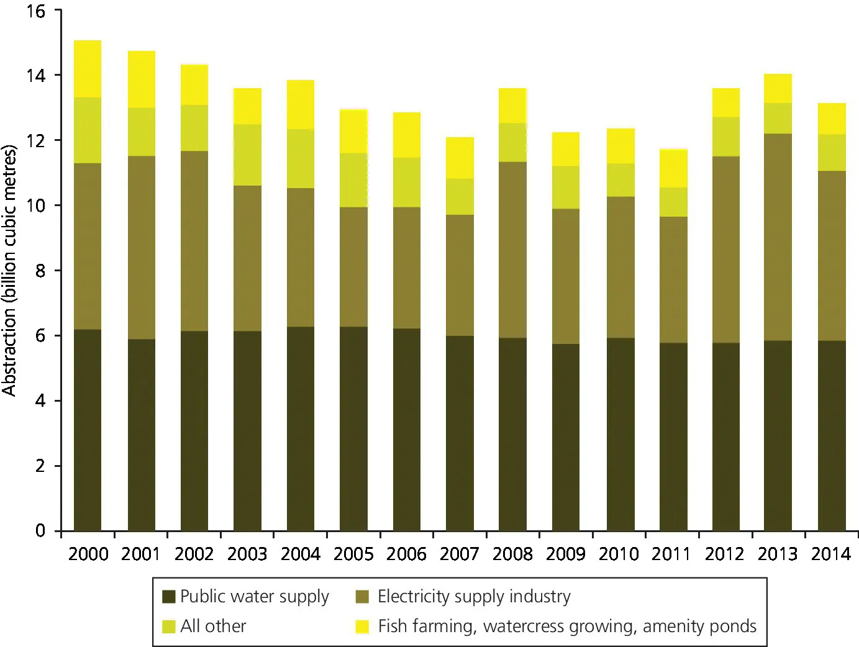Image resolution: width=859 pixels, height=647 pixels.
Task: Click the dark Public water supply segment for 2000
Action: pyautogui.click(x=88, y=430)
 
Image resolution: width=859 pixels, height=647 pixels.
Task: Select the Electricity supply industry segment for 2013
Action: pyautogui.click(x=778, y=237)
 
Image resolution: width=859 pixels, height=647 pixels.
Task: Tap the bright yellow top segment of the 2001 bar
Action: pyautogui.click(x=141, y=79)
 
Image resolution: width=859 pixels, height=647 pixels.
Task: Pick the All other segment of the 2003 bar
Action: pyautogui.click(x=247, y=155)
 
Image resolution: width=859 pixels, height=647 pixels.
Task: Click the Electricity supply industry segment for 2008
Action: pyautogui.click(x=512, y=250)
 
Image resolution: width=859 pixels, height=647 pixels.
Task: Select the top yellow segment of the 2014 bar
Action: pyautogui.click(x=831, y=119)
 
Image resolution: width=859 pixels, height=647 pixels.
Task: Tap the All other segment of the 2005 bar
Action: pyautogui.click(x=353, y=180)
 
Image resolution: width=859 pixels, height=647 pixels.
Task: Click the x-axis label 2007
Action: pyautogui.click(x=459, y=554)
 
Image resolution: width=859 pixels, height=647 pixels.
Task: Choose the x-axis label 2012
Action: pyautogui.click(x=724, y=554)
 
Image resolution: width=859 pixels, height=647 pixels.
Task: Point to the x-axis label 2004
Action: pyautogui.click(x=300, y=554)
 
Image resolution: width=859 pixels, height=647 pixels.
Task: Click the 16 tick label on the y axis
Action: pyautogui.click(x=36, y=11)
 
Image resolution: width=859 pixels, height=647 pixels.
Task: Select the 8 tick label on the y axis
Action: pyautogui.click(x=40, y=271)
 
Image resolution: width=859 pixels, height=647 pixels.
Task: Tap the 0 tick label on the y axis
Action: pyautogui.click(x=40, y=531)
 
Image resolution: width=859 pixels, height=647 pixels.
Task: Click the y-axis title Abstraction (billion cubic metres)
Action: pyautogui.click(x=9, y=270)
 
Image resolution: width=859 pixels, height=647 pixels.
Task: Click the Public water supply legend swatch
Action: pyautogui.click(x=168, y=597)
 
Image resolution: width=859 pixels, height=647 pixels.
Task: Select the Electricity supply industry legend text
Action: pyautogui.click(x=474, y=597)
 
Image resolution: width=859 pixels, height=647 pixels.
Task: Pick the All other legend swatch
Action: pyautogui.click(x=168, y=627)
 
